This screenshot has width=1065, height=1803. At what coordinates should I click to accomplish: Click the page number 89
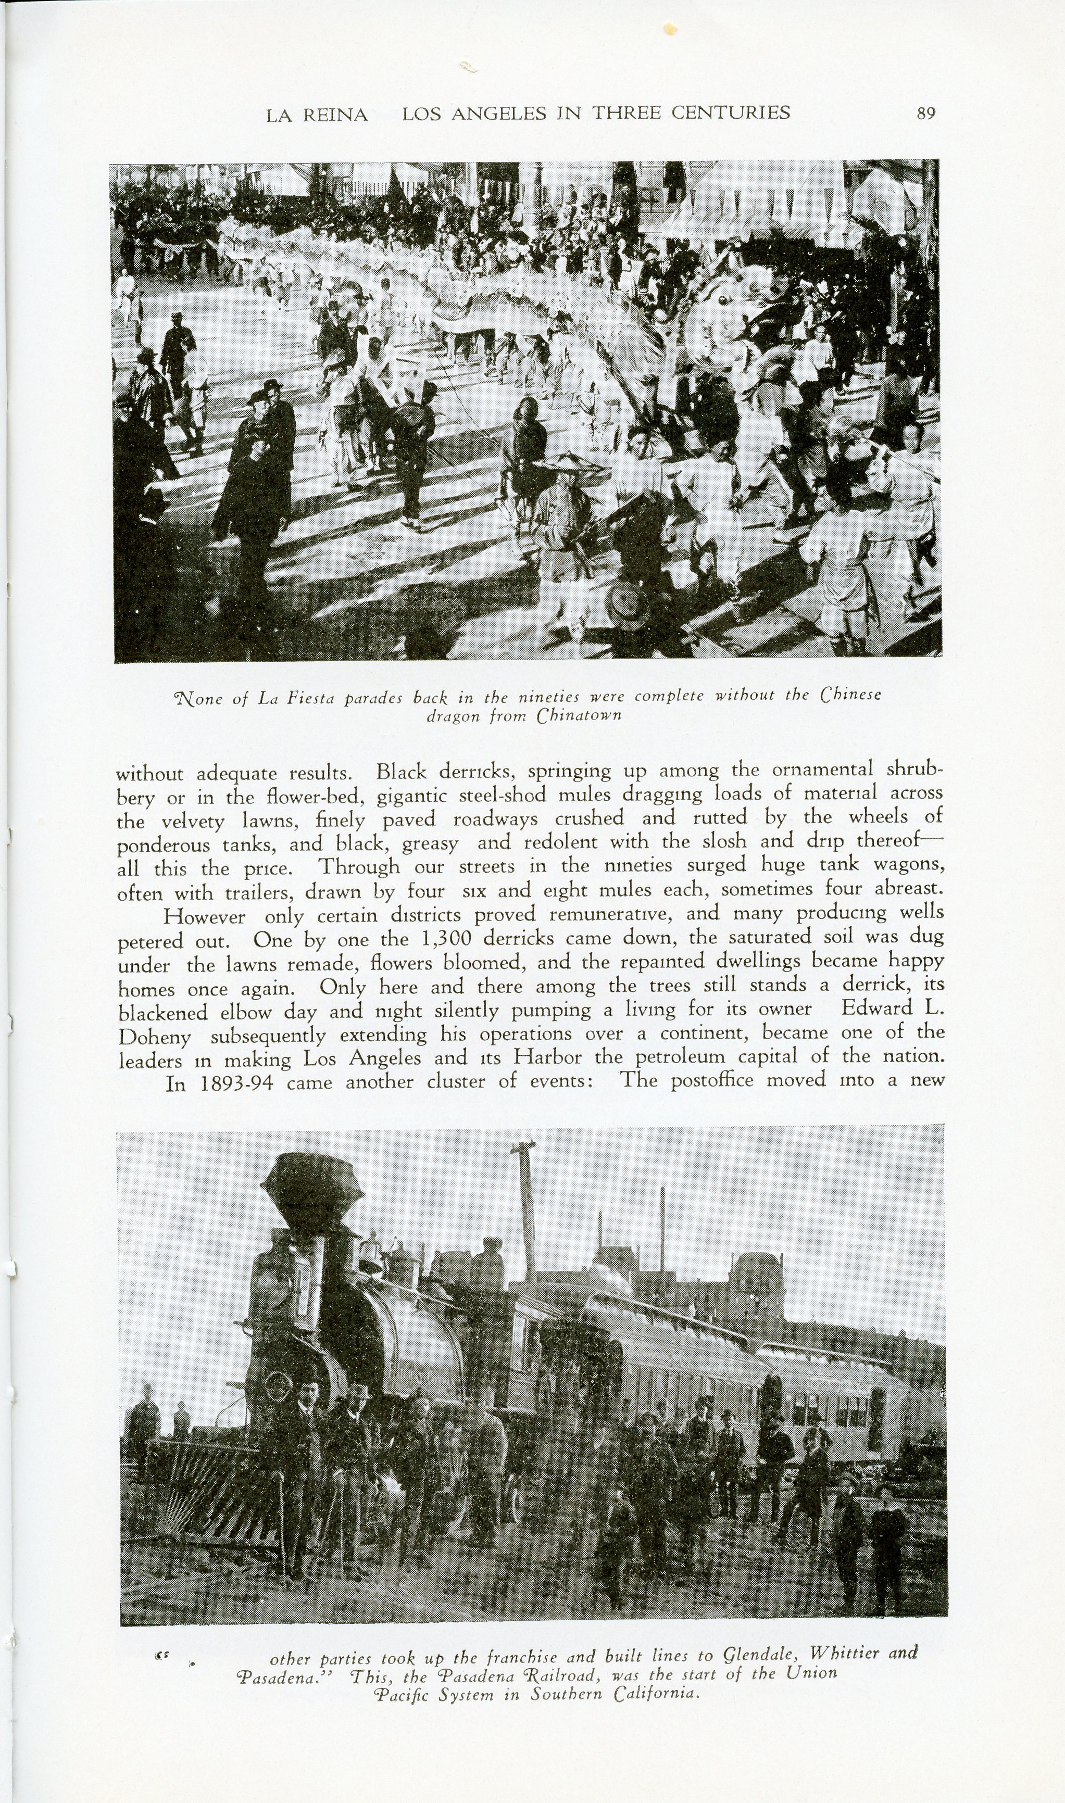[x=926, y=114]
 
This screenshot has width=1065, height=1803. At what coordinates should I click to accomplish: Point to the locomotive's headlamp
[x=270, y=1277]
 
